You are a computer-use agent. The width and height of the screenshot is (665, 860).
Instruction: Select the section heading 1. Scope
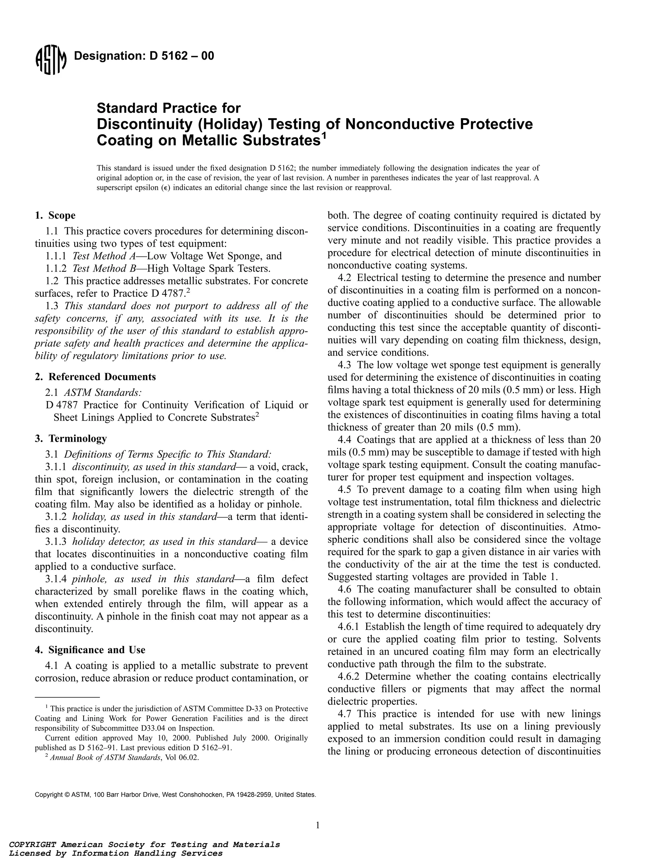tap(55, 215)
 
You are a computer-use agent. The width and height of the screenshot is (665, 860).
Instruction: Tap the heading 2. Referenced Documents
tap(95, 377)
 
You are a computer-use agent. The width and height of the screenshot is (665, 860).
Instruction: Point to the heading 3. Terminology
tap(71, 438)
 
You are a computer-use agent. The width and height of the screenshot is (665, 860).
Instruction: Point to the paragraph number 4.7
tap(346, 714)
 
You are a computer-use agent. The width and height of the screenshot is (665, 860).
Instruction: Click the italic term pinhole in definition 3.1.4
tap(90, 579)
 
